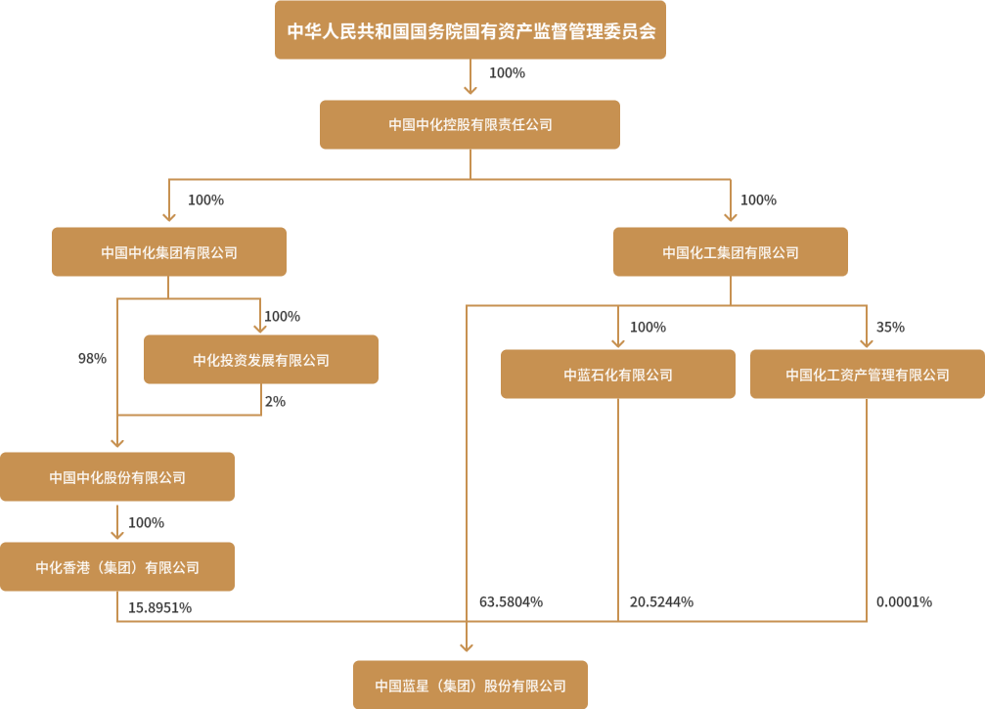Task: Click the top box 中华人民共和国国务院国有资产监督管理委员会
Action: tap(470, 30)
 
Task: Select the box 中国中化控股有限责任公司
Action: tap(470, 124)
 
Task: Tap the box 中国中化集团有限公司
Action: tap(169, 252)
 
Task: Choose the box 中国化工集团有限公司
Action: tap(731, 252)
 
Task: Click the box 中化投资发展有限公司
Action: tap(261, 360)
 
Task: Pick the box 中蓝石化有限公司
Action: tap(618, 375)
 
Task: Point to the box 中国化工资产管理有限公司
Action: tap(868, 375)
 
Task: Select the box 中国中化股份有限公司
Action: tap(117, 477)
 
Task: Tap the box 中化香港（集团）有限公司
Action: tap(117, 567)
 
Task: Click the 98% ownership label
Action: tap(92, 359)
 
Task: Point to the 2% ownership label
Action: tap(275, 401)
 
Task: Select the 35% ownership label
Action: tap(890, 327)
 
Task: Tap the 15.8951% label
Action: tap(159, 607)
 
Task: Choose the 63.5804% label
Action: tap(511, 601)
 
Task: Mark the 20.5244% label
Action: tap(662, 601)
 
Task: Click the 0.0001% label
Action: tap(904, 601)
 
